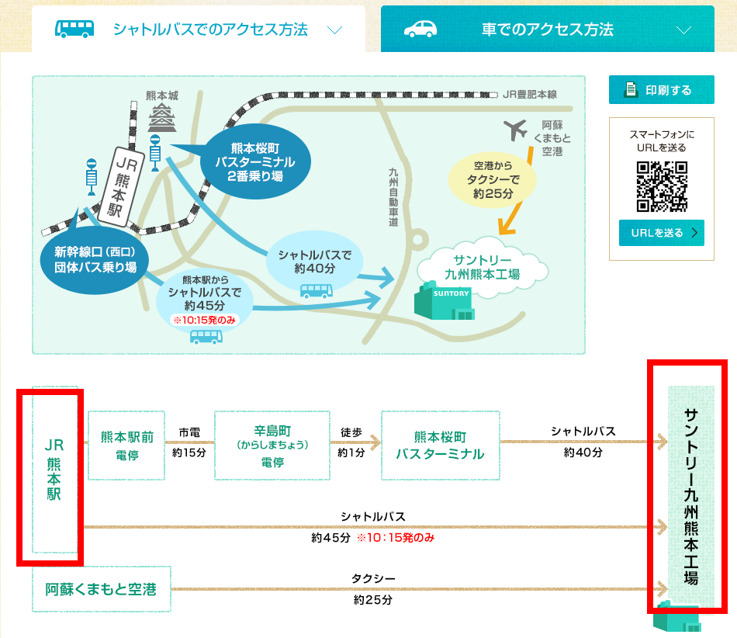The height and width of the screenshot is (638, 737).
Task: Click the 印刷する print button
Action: coord(661,90)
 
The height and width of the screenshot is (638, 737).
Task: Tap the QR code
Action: coord(662,186)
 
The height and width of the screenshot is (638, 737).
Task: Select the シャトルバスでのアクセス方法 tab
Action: coord(199,30)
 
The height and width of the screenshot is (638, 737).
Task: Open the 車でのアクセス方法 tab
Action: coord(547,30)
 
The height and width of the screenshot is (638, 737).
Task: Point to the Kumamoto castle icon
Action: coord(163,119)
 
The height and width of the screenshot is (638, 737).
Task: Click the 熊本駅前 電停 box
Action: coord(126,446)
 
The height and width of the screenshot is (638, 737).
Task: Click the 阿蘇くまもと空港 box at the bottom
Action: coord(101,590)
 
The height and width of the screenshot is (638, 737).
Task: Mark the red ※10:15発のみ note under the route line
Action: coord(396,538)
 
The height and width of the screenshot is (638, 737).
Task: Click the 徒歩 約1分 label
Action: coord(351,442)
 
